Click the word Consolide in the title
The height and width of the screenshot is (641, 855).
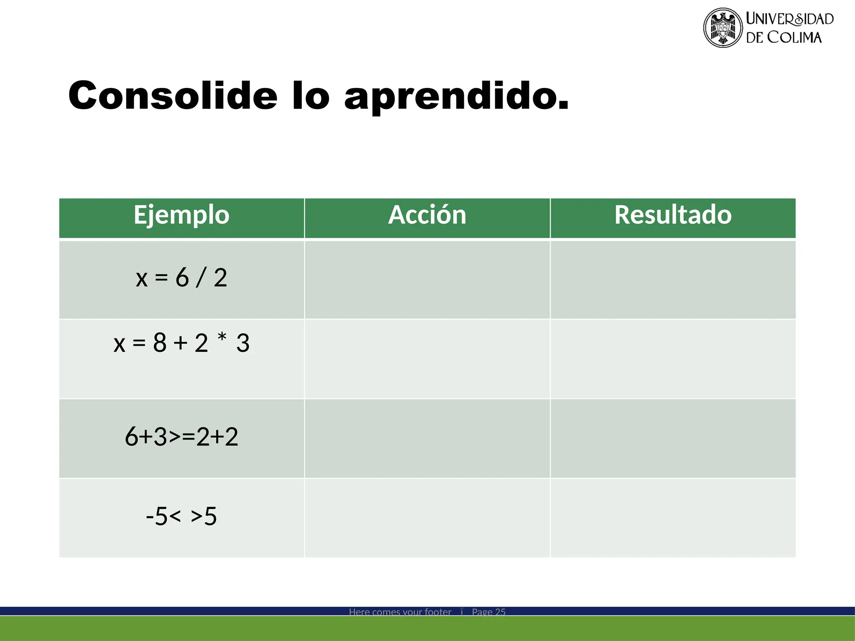pos(173,96)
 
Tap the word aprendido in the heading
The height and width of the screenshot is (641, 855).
pos(456,97)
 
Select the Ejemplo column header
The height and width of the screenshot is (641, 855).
pos(182,215)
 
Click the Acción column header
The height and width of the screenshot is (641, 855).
pos(427,215)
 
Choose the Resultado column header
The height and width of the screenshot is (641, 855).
pos(673,215)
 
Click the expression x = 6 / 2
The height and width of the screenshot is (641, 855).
pos(182,278)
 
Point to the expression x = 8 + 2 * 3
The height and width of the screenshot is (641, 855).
pos(182,343)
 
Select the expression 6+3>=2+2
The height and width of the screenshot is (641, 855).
pos(182,437)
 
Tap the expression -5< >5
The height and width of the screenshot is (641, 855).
pos(182,517)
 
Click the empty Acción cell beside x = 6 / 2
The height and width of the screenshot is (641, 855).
pos(427,280)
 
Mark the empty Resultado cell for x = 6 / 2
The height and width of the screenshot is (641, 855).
pos(673,280)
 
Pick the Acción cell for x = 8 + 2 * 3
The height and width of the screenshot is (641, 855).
pos(427,359)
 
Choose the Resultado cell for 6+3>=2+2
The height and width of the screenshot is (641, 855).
pos(673,438)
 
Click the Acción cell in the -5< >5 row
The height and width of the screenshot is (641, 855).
pos(427,517)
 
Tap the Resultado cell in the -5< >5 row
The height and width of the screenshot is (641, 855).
pos(673,517)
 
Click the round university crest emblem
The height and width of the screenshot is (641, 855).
pos(723,28)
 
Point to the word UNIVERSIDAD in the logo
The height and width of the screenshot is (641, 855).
pos(789,19)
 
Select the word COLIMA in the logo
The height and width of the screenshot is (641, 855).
pos(794,38)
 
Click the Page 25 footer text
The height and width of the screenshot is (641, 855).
pos(488,612)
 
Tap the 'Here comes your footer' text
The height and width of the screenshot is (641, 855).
pos(400,612)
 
